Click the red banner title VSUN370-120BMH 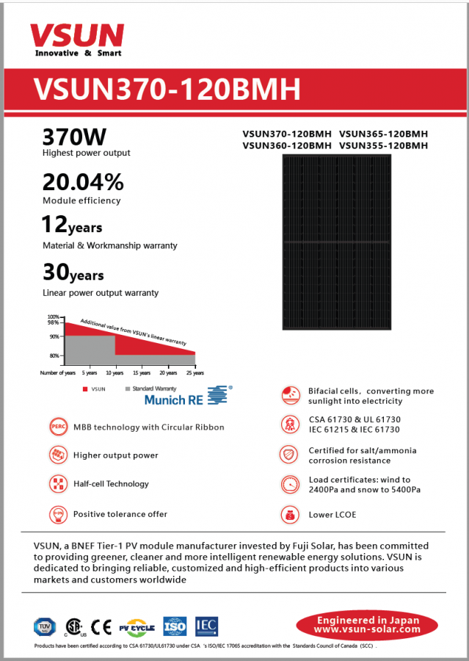click(x=167, y=89)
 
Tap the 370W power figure click(x=74, y=137)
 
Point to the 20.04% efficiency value click(x=83, y=182)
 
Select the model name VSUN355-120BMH click(x=383, y=145)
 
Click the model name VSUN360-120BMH click(x=287, y=145)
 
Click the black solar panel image click(x=337, y=242)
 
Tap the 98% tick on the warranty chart click(x=53, y=322)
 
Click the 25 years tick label click(x=194, y=374)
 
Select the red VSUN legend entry click(x=94, y=387)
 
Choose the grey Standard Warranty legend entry click(x=151, y=387)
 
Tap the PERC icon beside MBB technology click(x=58, y=426)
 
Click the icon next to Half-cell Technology click(x=58, y=484)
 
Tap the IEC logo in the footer click(x=206, y=626)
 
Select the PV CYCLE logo click(x=137, y=626)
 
